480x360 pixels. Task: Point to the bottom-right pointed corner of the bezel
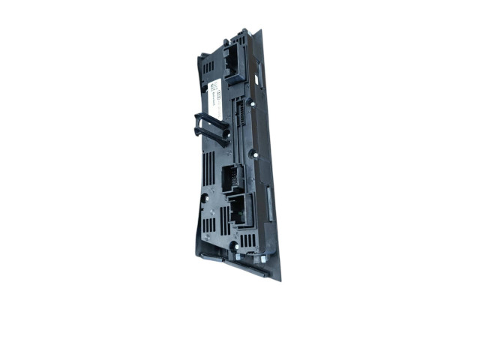point(280,280)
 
